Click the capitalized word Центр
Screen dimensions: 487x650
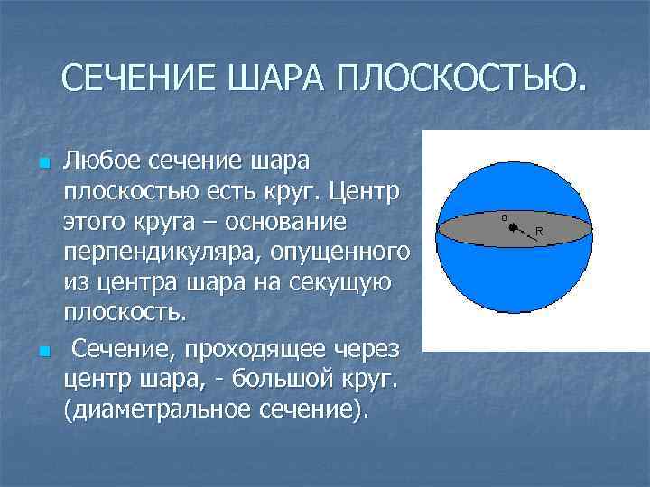pos(366,193)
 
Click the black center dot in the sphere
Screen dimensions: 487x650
pos(512,228)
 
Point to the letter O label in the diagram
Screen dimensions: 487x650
pos(505,217)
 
